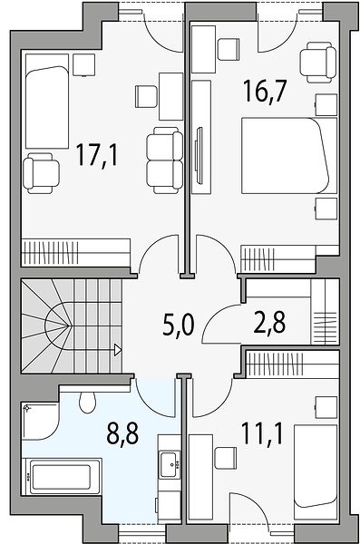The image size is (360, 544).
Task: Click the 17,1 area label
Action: click(97, 155)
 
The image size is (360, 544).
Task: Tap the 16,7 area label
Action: click(265, 91)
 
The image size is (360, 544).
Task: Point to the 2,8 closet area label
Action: click(269, 322)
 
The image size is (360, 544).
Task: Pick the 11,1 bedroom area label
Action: click(263, 433)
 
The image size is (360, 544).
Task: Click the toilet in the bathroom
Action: click(87, 403)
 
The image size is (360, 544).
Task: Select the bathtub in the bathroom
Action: click(62, 476)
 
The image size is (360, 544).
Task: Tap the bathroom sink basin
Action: click(169, 465)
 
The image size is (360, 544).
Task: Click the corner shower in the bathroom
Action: click(39, 422)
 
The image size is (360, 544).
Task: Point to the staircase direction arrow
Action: click(118, 350)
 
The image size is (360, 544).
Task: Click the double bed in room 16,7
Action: click(289, 155)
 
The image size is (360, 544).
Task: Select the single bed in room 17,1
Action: click(47, 101)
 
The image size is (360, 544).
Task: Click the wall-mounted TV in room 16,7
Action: click(199, 154)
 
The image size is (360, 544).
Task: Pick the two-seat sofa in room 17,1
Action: click(164, 160)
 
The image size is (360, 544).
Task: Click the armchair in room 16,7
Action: click(318, 63)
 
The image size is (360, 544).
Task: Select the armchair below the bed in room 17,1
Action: click(42, 173)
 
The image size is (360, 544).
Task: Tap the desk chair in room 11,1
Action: click(225, 458)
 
